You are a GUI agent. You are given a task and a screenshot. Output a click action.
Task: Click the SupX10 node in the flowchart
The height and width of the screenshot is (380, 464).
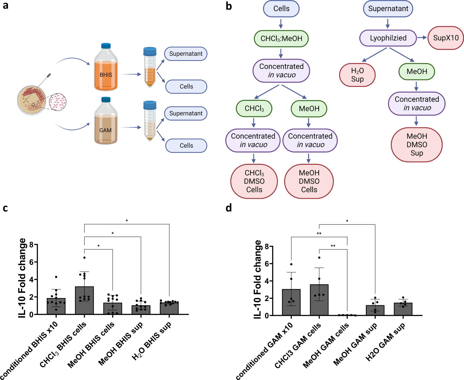tap(446, 38)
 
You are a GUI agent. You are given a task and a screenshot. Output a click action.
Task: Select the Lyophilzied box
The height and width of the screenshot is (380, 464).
tap(388, 38)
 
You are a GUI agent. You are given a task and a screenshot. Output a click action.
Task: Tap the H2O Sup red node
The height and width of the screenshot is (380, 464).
tap(357, 75)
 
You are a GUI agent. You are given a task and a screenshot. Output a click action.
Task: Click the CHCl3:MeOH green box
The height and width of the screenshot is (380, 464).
tap(281, 38)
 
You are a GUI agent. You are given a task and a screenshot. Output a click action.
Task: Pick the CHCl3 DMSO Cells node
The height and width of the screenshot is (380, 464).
tap(254, 181)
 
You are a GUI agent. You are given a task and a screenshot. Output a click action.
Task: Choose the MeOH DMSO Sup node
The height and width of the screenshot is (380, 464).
tap(416, 145)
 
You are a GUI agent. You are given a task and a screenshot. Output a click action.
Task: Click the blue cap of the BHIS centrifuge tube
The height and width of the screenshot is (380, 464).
tap(150, 51)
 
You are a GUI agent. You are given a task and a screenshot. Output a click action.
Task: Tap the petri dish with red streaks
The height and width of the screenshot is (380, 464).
tap(32, 100)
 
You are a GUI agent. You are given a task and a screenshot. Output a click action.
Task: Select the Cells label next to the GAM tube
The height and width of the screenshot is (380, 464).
tap(186, 146)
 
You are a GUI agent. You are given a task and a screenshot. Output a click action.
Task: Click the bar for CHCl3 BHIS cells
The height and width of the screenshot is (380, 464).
tap(84, 300)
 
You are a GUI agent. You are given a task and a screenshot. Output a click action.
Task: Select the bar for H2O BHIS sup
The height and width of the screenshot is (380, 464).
tap(169, 308)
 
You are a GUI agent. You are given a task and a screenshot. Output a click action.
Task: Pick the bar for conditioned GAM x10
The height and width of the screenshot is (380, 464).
tap(291, 302)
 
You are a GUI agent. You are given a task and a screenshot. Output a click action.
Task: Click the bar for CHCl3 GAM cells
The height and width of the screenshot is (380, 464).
tap(319, 300)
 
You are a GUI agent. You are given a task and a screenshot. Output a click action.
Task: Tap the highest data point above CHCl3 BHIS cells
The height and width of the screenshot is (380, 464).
tap(84, 258)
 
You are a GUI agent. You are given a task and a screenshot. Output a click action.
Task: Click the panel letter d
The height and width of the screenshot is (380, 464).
tap(229, 208)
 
